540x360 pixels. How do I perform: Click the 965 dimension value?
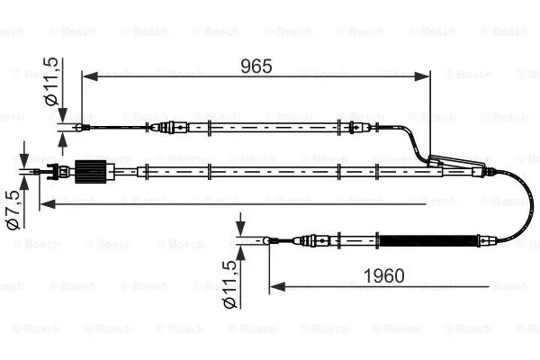click(x=256, y=66)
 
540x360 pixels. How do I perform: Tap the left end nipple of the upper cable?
click(x=83, y=128)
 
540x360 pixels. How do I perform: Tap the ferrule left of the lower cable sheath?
click(x=311, y=240)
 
